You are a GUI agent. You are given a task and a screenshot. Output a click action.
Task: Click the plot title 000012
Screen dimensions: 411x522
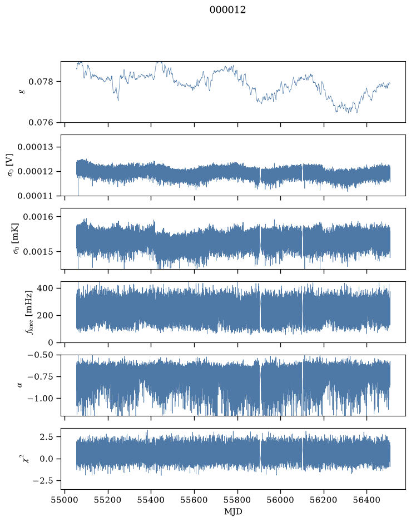pos(227,10)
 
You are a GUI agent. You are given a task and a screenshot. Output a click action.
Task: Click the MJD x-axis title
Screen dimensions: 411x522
pos(233,511)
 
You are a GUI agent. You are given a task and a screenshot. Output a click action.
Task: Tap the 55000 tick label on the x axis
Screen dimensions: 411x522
pos(65,500)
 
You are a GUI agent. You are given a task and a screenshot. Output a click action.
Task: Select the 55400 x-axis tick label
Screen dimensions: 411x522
pos(151,500)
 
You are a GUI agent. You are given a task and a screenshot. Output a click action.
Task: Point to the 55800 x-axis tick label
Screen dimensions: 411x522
pos(237,500)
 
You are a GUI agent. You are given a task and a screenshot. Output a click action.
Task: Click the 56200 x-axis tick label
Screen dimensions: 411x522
pos(324,500)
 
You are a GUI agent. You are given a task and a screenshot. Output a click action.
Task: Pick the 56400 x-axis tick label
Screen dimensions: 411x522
pos(367,500)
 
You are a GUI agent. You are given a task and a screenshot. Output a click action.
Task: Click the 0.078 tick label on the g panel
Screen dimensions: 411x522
pos(41,82)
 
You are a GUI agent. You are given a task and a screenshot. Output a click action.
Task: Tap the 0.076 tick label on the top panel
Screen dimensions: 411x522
pos(41,123)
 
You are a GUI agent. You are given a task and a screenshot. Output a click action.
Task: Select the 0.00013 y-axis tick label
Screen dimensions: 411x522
pos(35,147)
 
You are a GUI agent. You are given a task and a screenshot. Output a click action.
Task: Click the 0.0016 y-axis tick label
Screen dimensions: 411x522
pos(38,217)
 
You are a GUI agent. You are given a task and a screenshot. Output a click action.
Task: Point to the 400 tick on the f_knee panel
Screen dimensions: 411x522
pos(45,288)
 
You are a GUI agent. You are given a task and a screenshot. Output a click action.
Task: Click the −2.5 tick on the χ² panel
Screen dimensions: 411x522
pos(43,481)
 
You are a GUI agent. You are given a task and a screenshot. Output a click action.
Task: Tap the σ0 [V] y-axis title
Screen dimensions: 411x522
pos(11,165)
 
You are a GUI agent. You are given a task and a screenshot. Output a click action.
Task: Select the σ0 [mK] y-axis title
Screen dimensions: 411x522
pos(16,238)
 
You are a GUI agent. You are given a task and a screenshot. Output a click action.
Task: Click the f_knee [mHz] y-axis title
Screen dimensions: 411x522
pos(29,312)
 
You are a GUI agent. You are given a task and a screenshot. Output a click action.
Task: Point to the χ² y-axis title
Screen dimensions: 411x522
pos(26,459)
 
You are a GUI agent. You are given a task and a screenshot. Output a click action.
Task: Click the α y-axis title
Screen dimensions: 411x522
pos(20,385)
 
